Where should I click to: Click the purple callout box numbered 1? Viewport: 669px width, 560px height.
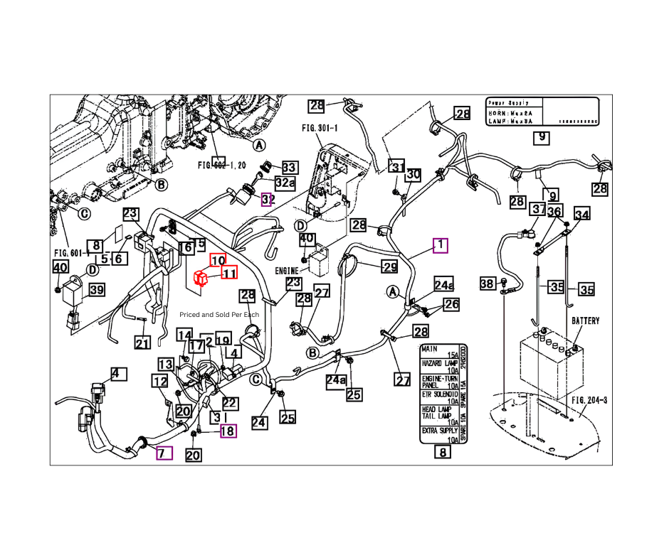point(441,245)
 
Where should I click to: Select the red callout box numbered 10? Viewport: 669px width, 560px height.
point(218,261)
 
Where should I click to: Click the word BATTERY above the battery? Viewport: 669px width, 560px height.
point(585,321)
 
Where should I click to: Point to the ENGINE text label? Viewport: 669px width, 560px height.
point(286,271)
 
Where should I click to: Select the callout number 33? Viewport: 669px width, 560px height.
point(289,168)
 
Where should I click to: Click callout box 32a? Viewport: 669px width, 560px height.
point(285,183)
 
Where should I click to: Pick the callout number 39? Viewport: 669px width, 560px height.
point(96,289)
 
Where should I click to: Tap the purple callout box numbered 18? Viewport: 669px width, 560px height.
point(228,430)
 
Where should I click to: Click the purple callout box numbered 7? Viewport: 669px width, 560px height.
point(164,452)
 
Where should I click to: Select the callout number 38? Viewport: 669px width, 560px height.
point(488,284)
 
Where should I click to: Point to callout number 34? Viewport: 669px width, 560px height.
point(582,215)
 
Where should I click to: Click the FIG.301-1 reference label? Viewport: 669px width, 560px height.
point(320,129)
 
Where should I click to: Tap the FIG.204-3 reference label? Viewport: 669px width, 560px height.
point(590,400)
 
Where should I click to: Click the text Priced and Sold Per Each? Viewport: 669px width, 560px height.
point(219,314)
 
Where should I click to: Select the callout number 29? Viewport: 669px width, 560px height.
point(389,267)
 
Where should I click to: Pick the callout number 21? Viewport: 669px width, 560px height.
point(143,344)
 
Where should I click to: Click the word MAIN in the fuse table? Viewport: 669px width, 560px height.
point(429,349)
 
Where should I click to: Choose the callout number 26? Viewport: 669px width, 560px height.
point(452,304)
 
